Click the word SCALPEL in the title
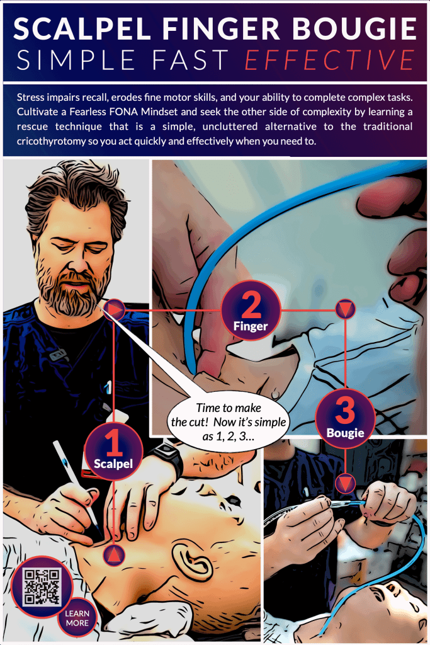(82, 28)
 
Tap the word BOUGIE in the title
(354, 28)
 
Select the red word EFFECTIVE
(330, 60)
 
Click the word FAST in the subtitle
(190, 60)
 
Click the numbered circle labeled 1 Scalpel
(113, 451)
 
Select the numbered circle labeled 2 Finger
(251, 310)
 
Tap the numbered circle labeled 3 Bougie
(345, 418)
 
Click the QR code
(42, 587)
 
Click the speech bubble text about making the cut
(229, 422)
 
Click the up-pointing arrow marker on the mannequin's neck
(114, 554)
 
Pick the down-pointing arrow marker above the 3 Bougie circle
(345, 309)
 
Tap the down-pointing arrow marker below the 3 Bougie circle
(345, 483)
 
